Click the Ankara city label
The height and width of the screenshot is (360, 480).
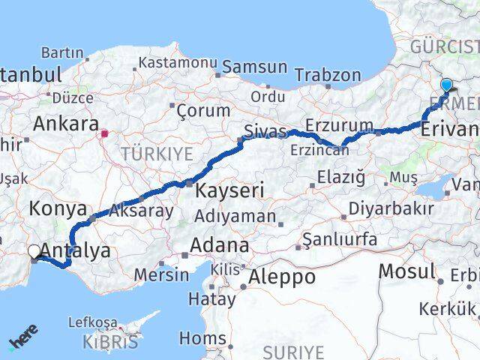[x=66, y=123]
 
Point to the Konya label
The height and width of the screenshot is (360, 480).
[x=51, y=209]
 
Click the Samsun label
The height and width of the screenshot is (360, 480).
[x=255, y=67]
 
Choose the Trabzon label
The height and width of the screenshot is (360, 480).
[x=328, y=75]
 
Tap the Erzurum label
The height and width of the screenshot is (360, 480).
[x=340, y=125]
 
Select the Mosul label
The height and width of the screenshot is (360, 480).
[x=406, y=271]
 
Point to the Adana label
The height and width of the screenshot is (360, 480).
[x=219, y=245]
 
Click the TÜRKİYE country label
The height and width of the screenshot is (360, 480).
[x=160, y=154]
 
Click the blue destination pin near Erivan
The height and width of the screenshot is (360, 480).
[x=447, y=85]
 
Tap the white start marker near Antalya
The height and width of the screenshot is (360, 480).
[x=34, y=253]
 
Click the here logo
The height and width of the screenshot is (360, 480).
[x=24, y=337]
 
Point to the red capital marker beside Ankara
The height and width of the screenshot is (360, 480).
[x=105, y=135]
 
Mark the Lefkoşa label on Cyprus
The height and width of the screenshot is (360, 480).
[x=92, y=322]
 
